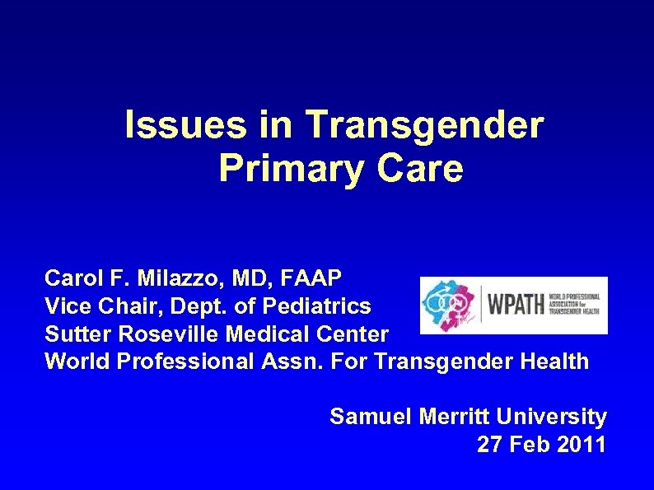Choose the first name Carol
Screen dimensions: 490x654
[70, 277]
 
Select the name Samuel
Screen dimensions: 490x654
[367, 418]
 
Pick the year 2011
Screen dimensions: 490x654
[581, 446]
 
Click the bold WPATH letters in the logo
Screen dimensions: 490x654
[517, 305]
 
